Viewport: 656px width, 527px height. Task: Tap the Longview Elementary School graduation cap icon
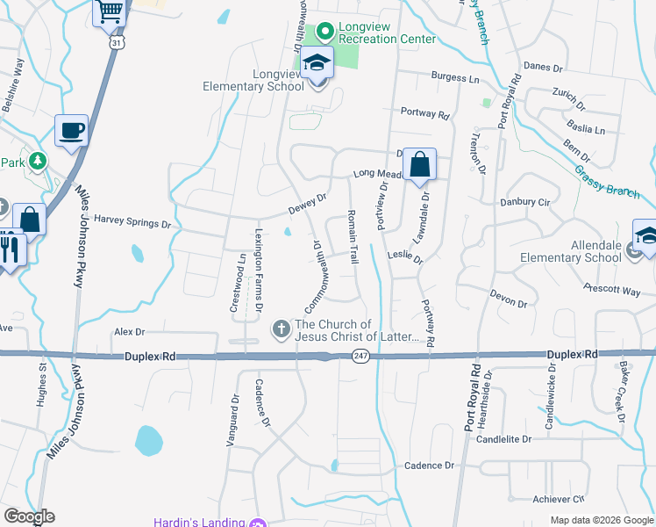click(x=317, y=63)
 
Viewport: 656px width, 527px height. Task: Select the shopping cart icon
click(x=110, y=11)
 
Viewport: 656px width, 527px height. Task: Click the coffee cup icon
click(x=71, y=132)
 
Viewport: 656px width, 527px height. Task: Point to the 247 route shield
click(x=360, y=356)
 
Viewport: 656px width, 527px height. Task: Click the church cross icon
click(x=282, y=329)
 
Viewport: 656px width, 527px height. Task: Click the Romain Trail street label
click(x=353, y=237)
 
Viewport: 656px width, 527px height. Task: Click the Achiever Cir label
click(x=559, y=498)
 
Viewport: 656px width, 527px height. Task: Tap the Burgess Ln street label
click(x=456, y=77)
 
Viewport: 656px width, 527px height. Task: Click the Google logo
click(x=29, y=516)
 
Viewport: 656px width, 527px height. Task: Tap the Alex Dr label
click(x=129, y=332)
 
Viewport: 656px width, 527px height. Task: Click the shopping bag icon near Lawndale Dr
click(x=420, y=164)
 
